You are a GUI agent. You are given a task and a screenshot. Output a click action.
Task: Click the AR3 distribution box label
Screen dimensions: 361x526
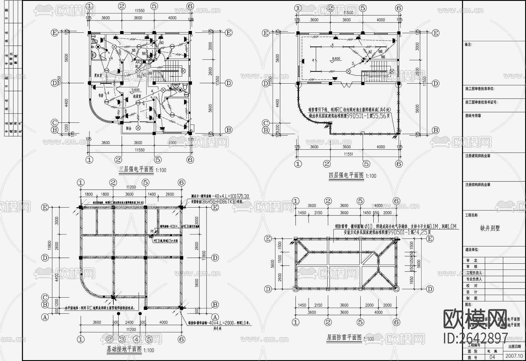[x=139, y=62]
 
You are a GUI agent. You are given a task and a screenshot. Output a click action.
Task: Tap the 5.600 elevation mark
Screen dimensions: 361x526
[x=136, y=90]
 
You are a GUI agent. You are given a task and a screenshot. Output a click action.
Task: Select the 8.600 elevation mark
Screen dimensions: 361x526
[x=336, y=59]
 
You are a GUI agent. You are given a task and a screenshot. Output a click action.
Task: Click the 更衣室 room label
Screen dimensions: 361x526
[x=98, y=75]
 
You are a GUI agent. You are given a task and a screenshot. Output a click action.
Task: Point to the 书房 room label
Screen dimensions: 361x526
[x=100, y=96]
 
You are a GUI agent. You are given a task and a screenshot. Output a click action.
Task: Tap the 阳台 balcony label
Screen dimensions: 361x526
[x=129, y=128]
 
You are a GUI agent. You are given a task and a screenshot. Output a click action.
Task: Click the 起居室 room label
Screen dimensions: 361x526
[x=137, y=96]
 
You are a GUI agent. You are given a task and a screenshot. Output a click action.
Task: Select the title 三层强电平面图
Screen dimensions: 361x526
[x=136, y=170]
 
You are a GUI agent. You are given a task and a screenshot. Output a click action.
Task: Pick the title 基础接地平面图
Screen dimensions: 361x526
[x=124, y=349]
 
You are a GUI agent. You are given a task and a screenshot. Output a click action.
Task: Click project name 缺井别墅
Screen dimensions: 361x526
[x=490, y=228]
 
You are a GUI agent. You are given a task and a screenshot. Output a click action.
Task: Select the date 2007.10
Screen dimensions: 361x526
[x=514, y=356]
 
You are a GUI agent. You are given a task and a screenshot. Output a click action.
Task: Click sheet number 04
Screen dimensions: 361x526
[x=492, y=357]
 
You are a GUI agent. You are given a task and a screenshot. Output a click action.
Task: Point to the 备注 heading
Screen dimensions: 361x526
[x=468, y=45]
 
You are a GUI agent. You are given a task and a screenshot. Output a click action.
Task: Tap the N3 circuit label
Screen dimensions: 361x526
[x=161, y=43]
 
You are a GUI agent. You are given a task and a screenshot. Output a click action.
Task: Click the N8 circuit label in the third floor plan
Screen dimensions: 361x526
[x=134, y=50]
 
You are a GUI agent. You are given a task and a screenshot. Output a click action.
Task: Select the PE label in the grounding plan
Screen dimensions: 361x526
[x=152, y=231]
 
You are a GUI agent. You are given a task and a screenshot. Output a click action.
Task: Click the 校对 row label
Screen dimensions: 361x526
[x=472, y=286]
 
